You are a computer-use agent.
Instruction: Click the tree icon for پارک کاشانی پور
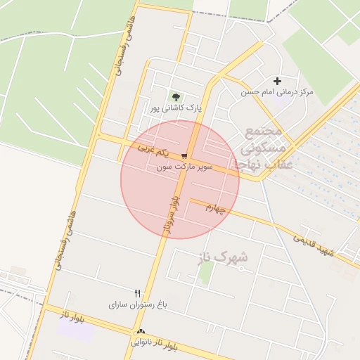pyautogui.click(x=175, y=97)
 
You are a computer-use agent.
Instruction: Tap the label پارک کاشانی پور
pyautogui.click(x=175, y=109)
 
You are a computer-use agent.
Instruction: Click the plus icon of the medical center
pyautogui.click(x=278, y=82)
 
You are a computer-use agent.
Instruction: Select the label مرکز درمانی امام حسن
pyautogui.click(x=277, y=92)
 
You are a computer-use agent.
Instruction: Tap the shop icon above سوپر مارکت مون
pyautogui.click(x=184, y=156)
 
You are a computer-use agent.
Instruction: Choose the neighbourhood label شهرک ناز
pyautogui.click(x=219, y=257)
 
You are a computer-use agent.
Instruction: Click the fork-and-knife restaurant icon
pyautogui.click(x=138, y=293)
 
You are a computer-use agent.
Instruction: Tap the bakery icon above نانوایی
pyautogui.click(x=141, y=332)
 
